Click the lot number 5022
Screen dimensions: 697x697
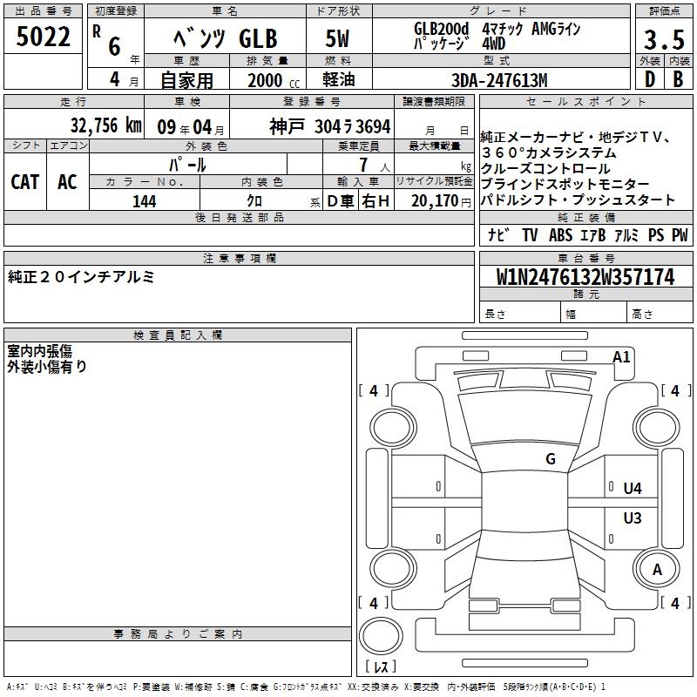[43, 37]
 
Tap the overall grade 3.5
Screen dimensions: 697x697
[664, 39]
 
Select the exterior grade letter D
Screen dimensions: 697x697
[649, 79]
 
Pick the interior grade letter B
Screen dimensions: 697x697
[678, 79]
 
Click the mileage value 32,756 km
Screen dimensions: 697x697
[105, 125]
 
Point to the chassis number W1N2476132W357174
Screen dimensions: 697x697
[585, 277]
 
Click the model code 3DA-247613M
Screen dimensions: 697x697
[499, 80]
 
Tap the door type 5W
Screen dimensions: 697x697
[337, 38]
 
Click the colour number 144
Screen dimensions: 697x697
[145, 201]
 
